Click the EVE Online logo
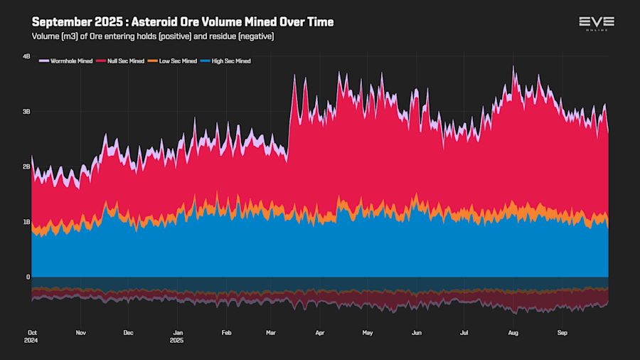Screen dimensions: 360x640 [x=596, y=23]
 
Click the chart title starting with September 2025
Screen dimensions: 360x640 [x=183, y=22]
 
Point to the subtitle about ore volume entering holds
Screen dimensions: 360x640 [x=153, y=36]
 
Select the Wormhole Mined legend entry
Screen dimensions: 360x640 [x=67, y=61]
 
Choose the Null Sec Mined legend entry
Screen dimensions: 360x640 [x=124, y=61]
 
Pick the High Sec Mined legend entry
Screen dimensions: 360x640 [x=228, y=61]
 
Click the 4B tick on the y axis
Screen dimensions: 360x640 [x=26, y=56]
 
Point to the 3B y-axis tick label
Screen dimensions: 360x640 [x=26, y=112]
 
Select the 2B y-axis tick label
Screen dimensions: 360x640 [x=26, y=166]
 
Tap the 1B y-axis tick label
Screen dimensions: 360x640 [x=26, y=222]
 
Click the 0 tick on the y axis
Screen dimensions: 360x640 [x=28, y=277]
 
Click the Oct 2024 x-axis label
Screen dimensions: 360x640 [x=32, y=336]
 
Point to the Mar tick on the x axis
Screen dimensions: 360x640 [x=271, y=332]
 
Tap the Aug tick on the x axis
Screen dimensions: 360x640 [x=513, y=332]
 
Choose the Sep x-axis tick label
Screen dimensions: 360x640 [x=562, y=332]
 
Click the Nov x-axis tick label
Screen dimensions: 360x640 [x=80, y=332]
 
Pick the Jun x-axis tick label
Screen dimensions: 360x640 [x=417, y=332]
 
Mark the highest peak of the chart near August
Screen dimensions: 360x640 [x=513, y=67]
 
